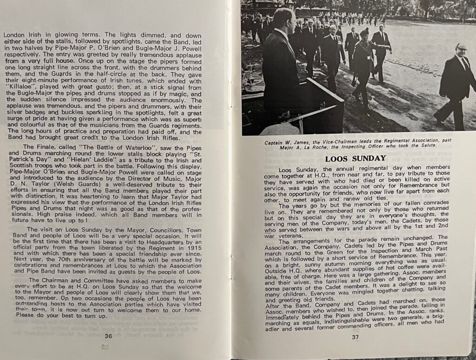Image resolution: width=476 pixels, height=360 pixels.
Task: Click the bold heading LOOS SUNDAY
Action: point(355,158)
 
